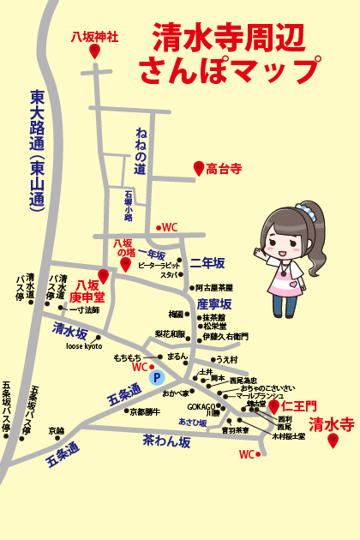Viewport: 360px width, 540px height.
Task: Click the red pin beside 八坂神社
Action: (x=95, y=51)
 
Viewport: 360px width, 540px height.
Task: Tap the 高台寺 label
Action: (x=224, y=170)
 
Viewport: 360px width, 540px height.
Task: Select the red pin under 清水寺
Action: (x=333, y=441)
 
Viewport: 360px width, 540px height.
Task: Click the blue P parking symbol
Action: (x=156, y=376)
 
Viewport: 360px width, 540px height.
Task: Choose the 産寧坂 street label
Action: (x=213, y=304)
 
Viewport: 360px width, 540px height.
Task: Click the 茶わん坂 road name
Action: (x=166, y=440)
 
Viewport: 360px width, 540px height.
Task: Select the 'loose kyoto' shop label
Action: (x=84, y=346)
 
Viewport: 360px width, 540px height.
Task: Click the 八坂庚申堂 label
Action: (x=85, y=291)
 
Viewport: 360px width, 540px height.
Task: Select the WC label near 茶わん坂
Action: (x=247, y=454)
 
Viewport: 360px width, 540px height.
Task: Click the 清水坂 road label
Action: (x=69, y=330)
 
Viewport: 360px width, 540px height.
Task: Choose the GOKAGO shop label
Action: (x=202, y=405)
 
